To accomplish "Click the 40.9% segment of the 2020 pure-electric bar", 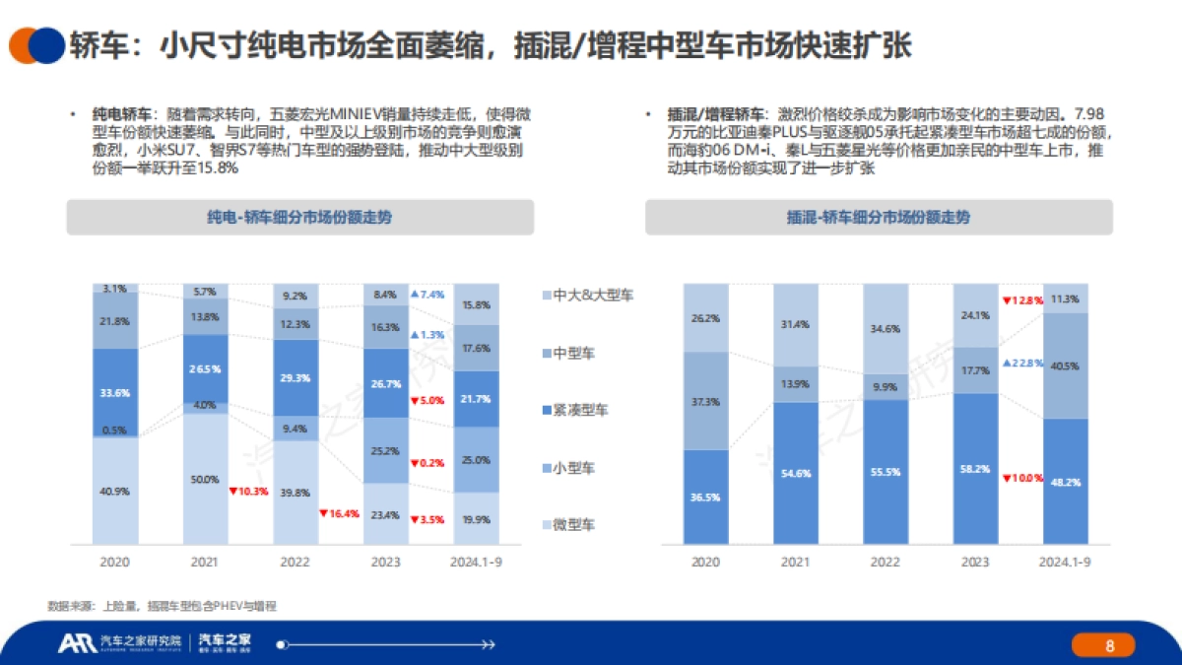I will click(x=115, y=491).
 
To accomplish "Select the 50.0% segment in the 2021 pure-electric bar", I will click(x=204, y=479).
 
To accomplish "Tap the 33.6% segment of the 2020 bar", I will click(x=115, y=392).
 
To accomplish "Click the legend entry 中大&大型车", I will click(x=588, y=295).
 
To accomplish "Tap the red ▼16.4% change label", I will click(x=338, y=513).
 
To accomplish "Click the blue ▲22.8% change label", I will click(x=1020, y=363).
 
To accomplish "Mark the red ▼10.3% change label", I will click(x=247, y=491).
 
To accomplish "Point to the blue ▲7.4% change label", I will click(x=427, y=295).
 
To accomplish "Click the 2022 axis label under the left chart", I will click(x=294, y=561).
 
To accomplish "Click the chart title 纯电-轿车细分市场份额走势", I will click(x=299, y=218).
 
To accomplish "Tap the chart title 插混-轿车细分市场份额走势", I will click(x=879, y=218).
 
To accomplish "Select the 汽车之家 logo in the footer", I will click(x=225, y=644).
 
